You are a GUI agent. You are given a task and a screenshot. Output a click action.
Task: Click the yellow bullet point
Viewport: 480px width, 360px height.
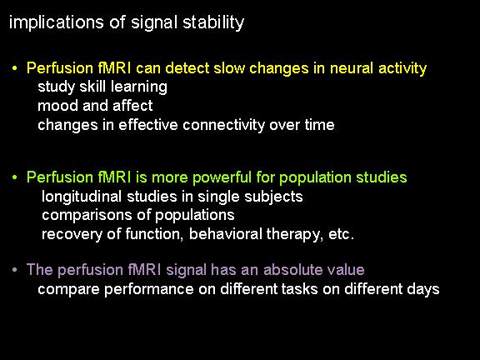[x=15, y=68]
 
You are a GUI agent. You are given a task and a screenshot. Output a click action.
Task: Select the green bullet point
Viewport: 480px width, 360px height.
[x=15, y=177]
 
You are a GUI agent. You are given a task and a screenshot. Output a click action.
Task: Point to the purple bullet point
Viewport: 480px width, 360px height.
[x=15, y=270]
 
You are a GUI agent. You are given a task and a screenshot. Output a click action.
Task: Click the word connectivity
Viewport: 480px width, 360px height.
[x=224, y=126]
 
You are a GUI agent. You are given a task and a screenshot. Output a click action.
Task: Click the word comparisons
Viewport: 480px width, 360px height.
[x=87, y=216]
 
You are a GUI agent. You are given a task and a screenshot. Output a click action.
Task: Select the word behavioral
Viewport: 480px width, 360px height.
[x=226, y=234]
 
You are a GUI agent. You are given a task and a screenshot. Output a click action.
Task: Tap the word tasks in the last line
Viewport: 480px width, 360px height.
[x=300, y=289]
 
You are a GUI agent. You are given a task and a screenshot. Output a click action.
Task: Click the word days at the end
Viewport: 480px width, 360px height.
[x=423, y=290]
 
